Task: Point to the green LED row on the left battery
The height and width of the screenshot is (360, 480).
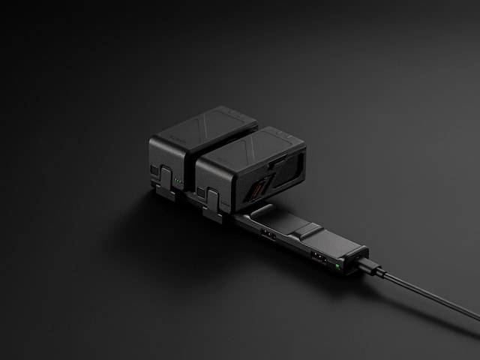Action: pos(178,181)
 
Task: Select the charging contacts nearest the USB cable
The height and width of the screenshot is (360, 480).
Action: pos(320,258)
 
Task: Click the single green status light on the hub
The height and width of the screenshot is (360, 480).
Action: pos(339,264)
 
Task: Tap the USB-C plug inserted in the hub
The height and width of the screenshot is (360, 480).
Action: pos(370,267)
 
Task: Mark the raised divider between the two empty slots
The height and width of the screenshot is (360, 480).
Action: pos(307,228)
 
